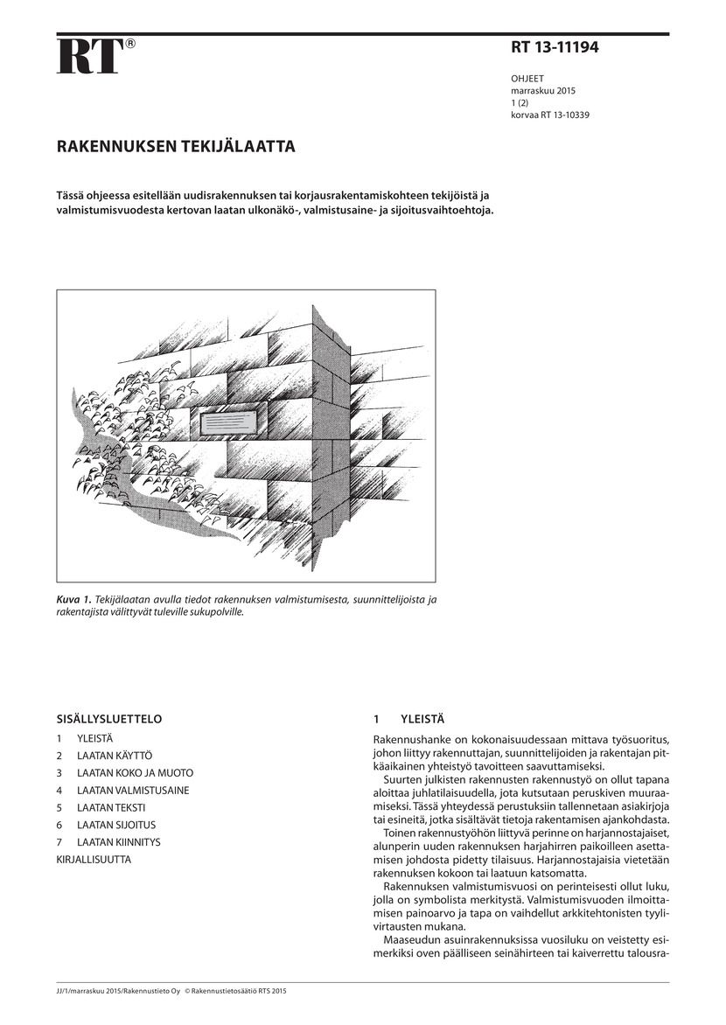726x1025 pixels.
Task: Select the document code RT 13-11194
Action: tap(555, 48)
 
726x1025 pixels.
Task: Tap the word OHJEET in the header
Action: tap(527, 79)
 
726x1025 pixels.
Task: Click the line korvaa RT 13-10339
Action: tap(549, 115)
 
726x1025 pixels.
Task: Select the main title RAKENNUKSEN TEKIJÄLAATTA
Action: tap(176, 147)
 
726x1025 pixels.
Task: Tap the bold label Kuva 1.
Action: tap(73, 598)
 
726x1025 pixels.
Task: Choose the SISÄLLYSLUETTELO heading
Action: tap(109, 720)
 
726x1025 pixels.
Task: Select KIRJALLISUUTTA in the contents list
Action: tap(94, 860)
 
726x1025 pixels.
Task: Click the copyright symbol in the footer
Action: tap(187, 991)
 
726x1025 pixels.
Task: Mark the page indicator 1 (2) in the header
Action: tap(522, 103)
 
